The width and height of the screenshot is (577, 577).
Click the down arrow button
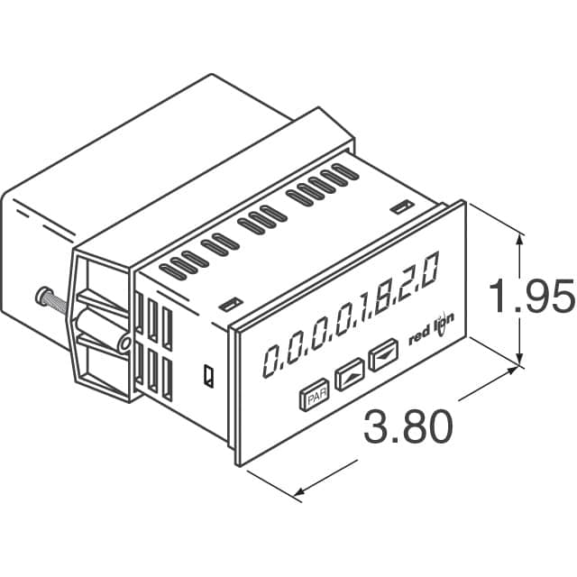tap(385, 353)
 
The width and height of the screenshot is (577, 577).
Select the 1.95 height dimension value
tap(531, 297)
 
